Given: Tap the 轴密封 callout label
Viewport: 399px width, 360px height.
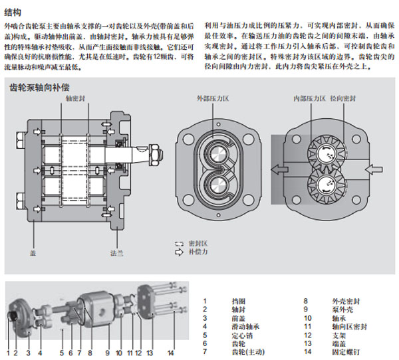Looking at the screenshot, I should click(x=74, y=98).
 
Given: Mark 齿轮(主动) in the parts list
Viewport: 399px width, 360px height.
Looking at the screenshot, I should click(x=245, y=353).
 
